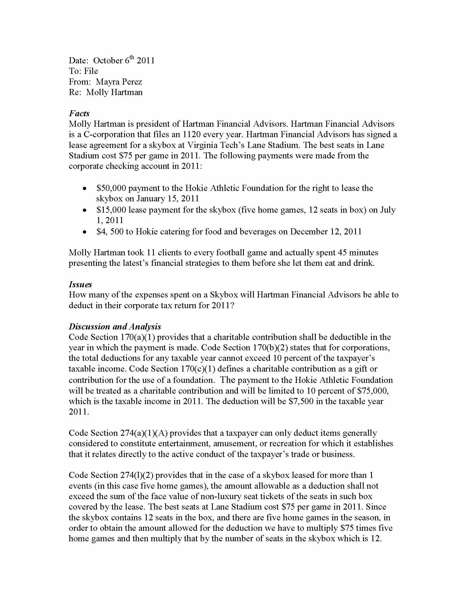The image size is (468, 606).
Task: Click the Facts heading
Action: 79,113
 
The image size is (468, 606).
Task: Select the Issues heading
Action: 80,284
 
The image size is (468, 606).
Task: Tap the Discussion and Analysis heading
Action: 115,326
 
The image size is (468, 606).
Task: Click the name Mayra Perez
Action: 119,82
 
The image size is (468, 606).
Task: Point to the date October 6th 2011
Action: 124,61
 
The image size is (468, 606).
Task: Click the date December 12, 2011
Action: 326,231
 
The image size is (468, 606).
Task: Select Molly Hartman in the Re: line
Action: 114,92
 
